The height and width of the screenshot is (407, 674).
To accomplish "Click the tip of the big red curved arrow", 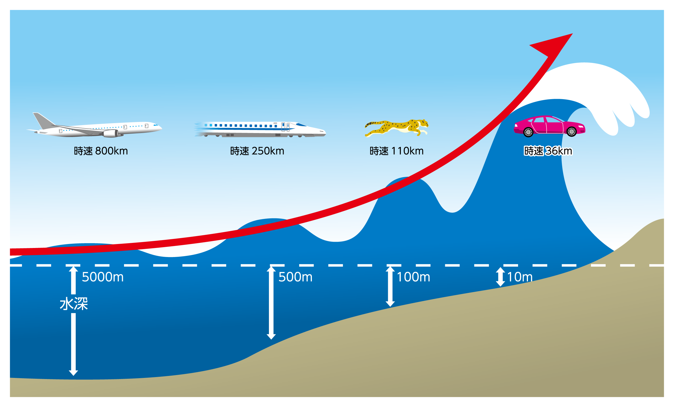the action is [x=572, y=34].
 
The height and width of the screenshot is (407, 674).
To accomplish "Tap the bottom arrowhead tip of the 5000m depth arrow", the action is [x=73, y=376].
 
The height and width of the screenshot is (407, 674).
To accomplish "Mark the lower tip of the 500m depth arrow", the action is [x=271, y=339].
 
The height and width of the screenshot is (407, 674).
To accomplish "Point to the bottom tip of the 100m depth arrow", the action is [x=390, y=306].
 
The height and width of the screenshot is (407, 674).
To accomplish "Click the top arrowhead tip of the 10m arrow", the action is [x=500, y=267].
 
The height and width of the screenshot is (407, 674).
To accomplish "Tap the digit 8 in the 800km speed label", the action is [x=99, y=151].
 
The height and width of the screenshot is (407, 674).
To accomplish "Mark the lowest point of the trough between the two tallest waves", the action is [x=452, y=212].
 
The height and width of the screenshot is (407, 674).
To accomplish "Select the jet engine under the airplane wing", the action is [x=110, y=133].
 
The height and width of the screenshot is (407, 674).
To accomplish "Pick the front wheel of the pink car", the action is [x=571, y=132].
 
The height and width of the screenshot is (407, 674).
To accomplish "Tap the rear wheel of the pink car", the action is [x=528, y=132].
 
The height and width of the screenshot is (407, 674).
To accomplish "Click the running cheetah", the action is [x=396, y=128].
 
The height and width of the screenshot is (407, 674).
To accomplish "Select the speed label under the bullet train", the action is [x=257, y=151].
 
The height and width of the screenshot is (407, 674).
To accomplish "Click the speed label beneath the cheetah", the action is [x=397, y=151].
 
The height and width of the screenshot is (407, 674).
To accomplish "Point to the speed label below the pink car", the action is [x=548, y=151].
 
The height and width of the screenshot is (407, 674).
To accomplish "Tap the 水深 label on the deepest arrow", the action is [x=74, y=304].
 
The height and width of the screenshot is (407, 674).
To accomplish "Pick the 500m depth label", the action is [x=295, y=277].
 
